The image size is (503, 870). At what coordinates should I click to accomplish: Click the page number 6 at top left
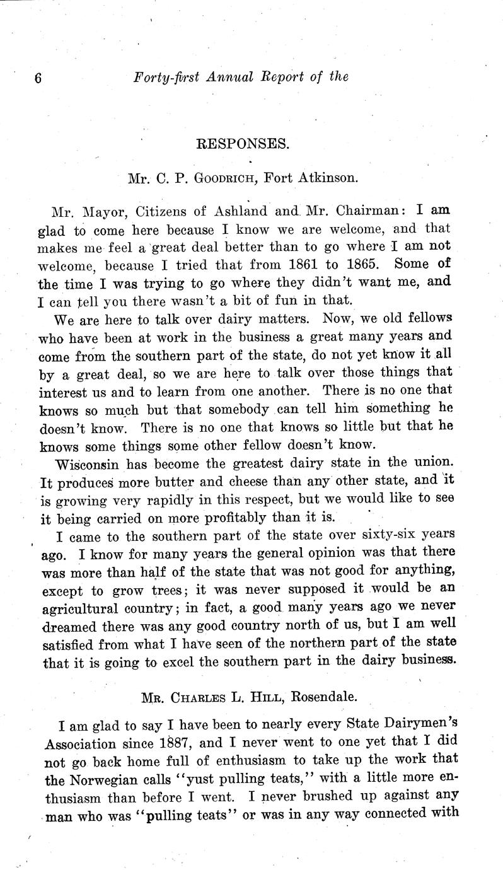click(38, 78)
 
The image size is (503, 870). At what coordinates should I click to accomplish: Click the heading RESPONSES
click(243, 143)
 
